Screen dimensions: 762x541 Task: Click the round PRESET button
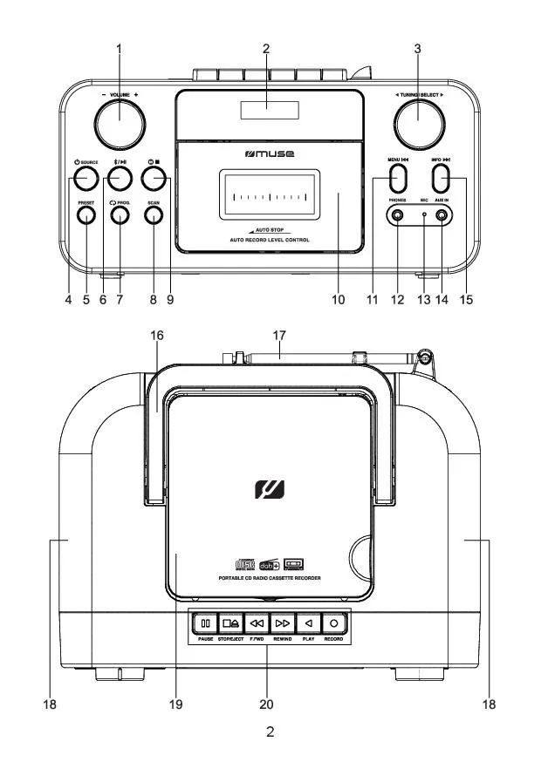tap(86, 216)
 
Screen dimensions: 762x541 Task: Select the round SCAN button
tap(154, 216)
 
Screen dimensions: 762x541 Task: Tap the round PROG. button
tap(120, 216)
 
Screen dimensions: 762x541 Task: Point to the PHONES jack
tap(397, 216)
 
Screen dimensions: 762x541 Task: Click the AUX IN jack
tap(442, 216)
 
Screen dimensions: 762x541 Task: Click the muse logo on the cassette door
tap(269, 154)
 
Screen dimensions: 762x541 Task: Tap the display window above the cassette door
tap(269, 110)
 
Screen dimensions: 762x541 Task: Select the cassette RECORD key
tap(333, 624)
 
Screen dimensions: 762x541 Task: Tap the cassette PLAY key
tap(308, 624)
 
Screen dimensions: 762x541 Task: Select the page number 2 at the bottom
tap(270, 732)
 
